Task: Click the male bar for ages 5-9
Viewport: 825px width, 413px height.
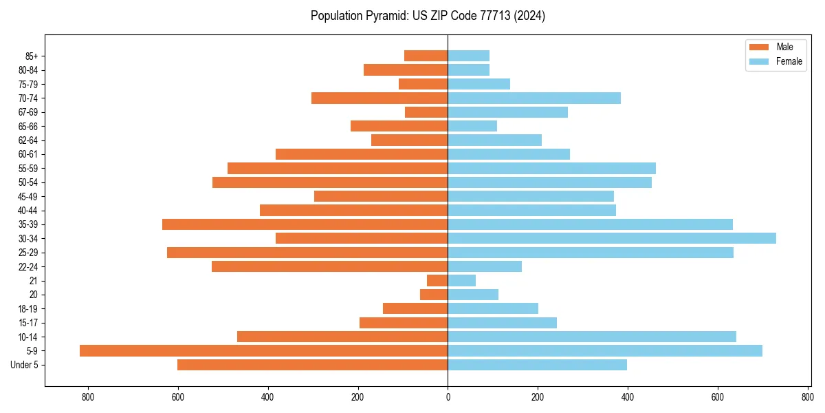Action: [263, 350]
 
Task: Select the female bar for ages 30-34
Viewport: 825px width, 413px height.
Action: [612, 238]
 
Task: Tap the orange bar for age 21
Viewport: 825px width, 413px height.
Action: [437, 280]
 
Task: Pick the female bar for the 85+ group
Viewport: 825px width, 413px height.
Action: [468, 56]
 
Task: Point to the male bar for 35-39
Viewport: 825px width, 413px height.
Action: [305, 224]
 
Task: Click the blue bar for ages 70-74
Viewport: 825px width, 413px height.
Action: [534, 98]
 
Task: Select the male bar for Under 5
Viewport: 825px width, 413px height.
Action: [312, 365]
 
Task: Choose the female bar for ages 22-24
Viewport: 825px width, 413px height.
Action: [485, 266]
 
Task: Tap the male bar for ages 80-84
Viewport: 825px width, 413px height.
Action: [406, 70]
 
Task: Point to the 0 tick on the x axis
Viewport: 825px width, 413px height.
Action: [448, 396]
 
